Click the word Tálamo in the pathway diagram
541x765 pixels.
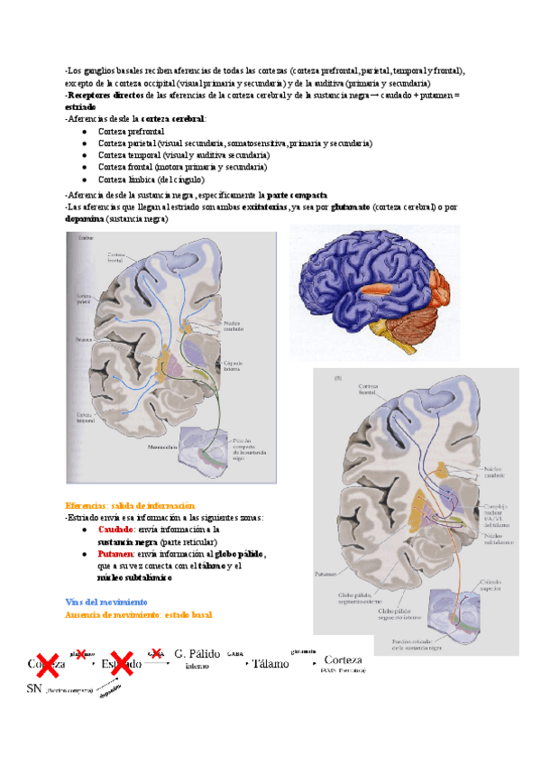[271, 663]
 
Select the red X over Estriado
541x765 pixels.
[123, 663]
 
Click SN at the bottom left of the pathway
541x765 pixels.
[35, 687]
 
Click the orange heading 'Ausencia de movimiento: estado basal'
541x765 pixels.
[139, 614]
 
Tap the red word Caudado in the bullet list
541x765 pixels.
[117, 530]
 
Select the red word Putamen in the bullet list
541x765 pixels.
[116, 554]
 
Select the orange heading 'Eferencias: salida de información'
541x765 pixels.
[130, 505]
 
